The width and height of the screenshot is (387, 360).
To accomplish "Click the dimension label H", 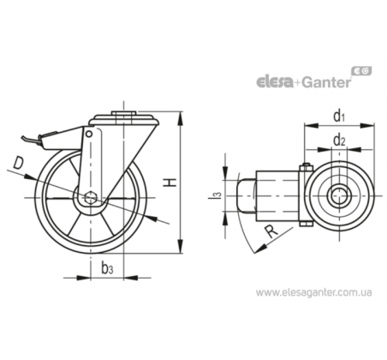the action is (x=170, y=183).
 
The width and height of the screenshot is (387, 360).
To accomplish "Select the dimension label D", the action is (x=18, y=163).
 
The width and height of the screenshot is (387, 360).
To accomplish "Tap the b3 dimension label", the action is (x=107, y=268).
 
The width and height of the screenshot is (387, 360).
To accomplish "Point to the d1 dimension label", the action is (x=339, y=116).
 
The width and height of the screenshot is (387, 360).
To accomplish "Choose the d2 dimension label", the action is (x=339, y=140).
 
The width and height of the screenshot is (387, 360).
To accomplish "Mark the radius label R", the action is (x=271, y=231).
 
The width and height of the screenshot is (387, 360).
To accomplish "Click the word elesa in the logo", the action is (x=275, y=82).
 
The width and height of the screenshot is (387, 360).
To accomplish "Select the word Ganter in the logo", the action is (x=326, y=82).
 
